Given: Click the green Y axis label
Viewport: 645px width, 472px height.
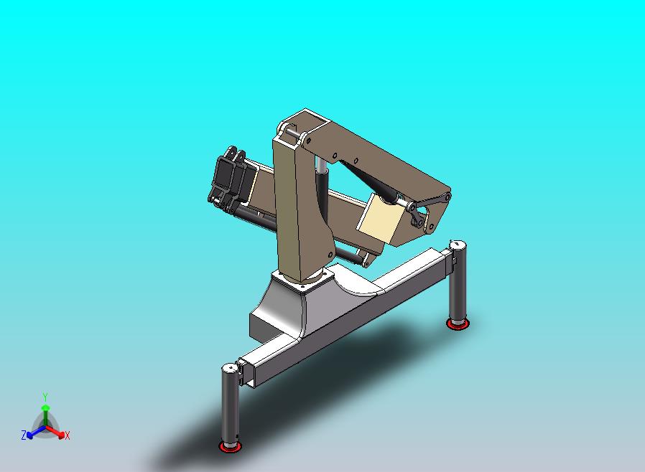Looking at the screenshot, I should [45, 397].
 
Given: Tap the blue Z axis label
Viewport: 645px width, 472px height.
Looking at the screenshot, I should [24, 435].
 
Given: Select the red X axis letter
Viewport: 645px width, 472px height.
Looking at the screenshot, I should [68, 435].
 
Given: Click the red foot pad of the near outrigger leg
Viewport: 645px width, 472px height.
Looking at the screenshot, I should [231, 447].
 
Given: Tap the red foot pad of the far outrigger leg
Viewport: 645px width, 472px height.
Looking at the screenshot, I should [457, 324].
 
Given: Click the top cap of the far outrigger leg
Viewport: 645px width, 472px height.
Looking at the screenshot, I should [458, 246].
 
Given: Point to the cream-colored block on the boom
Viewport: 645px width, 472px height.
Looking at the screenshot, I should [380, 220].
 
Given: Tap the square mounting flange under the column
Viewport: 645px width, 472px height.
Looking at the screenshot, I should [305, 282].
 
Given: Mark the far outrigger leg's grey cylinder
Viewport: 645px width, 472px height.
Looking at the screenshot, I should [458, 283].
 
